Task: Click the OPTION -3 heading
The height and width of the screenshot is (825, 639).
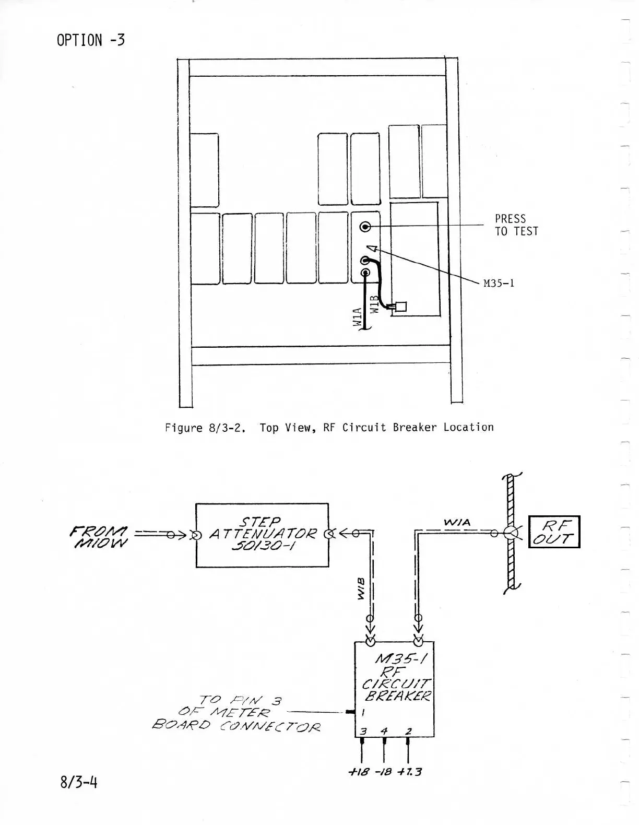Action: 91,40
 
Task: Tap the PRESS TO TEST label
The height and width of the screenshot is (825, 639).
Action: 516,225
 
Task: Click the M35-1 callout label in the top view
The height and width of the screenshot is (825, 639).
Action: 499,284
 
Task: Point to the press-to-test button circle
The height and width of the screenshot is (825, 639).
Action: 365,227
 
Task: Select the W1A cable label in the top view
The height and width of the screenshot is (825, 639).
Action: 357,317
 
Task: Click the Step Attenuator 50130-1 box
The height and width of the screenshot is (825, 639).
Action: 262,535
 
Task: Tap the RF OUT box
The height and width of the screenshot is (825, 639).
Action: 554,532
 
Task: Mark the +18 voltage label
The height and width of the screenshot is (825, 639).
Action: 360,771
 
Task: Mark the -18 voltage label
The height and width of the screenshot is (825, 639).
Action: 384,771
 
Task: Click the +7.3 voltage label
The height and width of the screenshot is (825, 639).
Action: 409,771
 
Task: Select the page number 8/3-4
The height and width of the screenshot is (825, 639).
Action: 78,782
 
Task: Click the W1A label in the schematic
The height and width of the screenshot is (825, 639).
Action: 457,522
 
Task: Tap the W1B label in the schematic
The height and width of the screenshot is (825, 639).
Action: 361,588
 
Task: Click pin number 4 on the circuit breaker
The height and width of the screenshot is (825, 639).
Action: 384,731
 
